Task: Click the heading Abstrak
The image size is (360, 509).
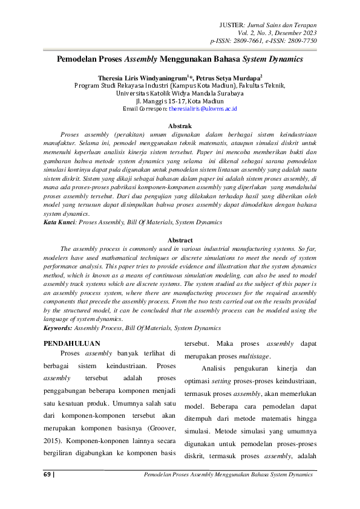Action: (x=179, y=123)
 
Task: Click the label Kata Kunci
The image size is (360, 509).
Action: (x=59, y=222)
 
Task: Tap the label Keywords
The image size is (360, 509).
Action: (x=58, y=328)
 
